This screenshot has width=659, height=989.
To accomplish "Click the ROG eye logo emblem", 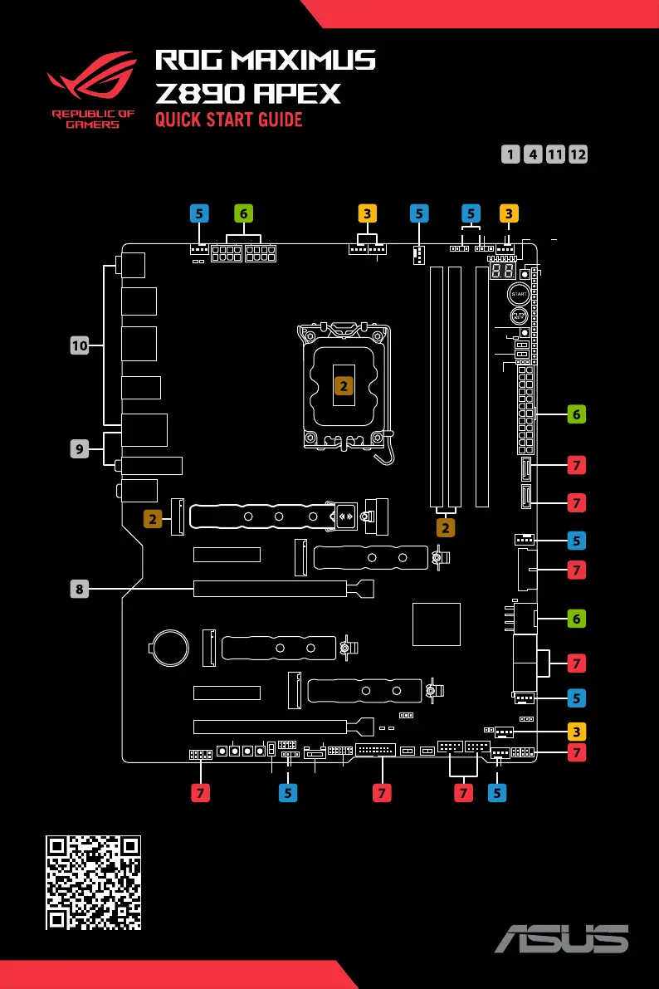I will tap(91, 80).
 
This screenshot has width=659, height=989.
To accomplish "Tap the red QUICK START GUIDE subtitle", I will tap(229, 120).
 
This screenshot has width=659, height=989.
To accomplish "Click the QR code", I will tap(91, 882).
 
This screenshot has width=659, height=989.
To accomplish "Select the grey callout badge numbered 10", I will tap(79, 345).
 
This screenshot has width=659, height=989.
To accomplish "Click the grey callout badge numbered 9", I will tap(79, 448).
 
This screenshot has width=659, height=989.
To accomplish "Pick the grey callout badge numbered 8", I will tap(79, 590).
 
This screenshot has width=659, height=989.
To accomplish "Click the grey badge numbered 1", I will tap(511, 154).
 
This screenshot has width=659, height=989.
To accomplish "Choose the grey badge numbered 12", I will tap(578, 154).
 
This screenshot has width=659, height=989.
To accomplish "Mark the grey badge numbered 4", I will tap(534, 154).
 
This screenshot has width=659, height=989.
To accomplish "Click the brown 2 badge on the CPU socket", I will tap(343, 384).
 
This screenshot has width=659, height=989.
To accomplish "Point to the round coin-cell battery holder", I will tap(173, 645).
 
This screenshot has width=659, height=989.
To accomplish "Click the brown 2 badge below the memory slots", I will tap(446, 527).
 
